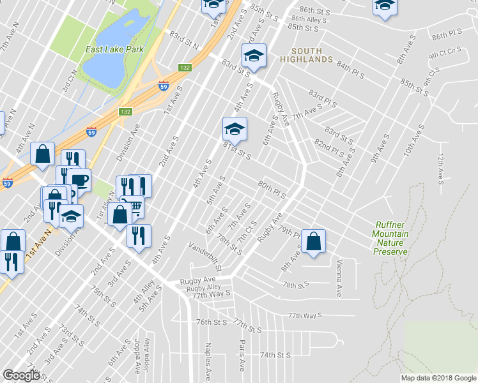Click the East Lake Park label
pyautogui.click(x=114, y=49)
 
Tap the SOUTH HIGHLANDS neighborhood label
pyautogui.click(x=311, y=55)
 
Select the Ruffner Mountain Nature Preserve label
pyautogui.click(x=391, y=238)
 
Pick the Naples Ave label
pyautogui.click(x=208, y=359)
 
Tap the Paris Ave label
pyautogui.click(x=242, y=356)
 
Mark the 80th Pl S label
pyautogui.click(x=271, y=188)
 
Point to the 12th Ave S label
pyautogui.click(x=440, y=168)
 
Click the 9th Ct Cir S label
pyautogui.click(x=445, y=52)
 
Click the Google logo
pyautogui.click(x=21, y=375)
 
